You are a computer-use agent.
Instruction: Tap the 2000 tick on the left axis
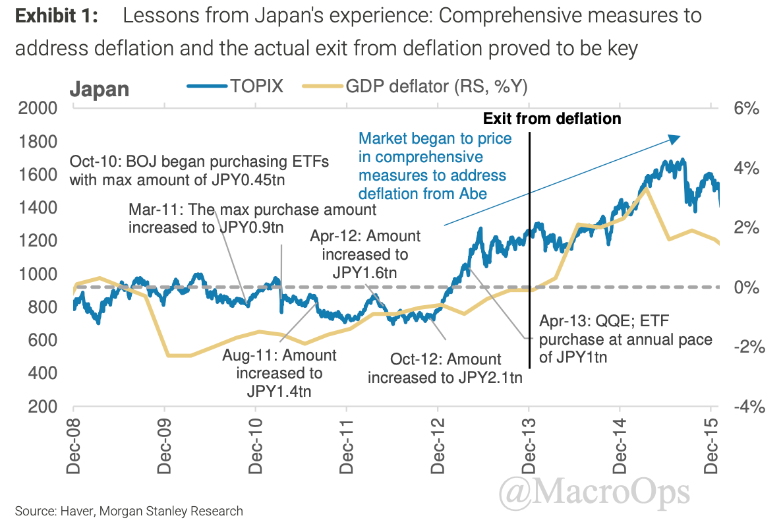click(x=40, y=108)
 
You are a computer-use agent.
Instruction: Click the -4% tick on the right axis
click(x=748, y=407)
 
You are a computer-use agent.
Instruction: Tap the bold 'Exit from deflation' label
click(x=552, y=119)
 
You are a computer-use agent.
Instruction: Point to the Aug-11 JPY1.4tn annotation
click(x=279, y=373)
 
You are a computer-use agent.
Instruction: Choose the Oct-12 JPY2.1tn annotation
click(x=445, y=368)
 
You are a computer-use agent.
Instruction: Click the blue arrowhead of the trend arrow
click(x=674, y=138)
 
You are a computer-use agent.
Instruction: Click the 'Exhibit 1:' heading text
click(x=57, y=16)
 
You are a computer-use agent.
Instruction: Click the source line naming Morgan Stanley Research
click(x=129, y=511)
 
